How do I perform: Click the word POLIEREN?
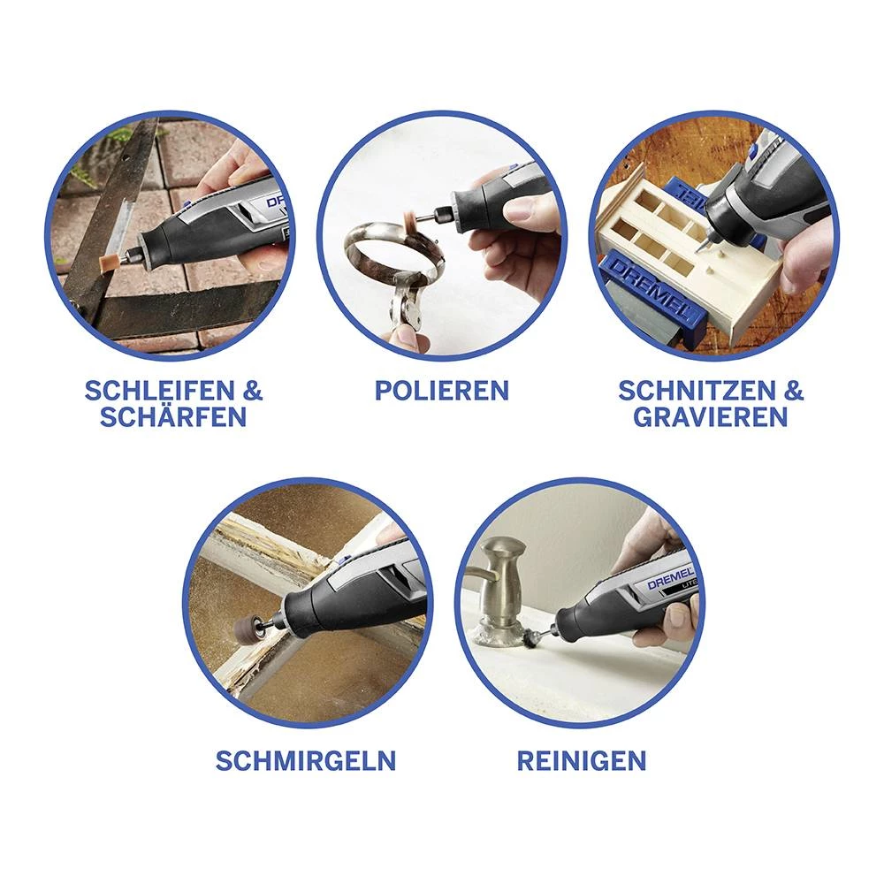coord(441,391)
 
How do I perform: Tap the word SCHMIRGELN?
coord(306,760)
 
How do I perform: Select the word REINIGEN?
coord(582,760)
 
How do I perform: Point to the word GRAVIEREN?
coord(711,416)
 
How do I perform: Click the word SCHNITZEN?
coord(697,390)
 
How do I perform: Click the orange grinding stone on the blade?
coord(108,262)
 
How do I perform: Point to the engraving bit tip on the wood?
coord(702,250)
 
